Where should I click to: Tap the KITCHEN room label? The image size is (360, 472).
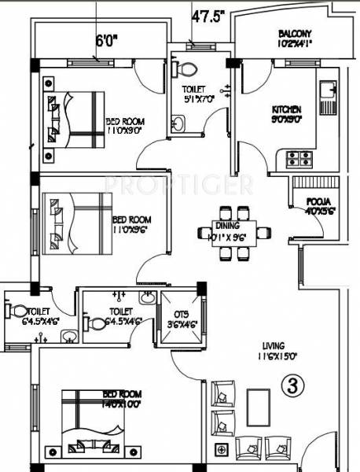287,109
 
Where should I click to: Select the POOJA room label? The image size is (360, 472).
318,202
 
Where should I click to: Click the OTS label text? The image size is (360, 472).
181,313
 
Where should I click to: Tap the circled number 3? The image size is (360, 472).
292,387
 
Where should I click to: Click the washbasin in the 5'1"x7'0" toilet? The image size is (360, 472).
178,123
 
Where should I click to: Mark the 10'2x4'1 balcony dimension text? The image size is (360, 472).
296,45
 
